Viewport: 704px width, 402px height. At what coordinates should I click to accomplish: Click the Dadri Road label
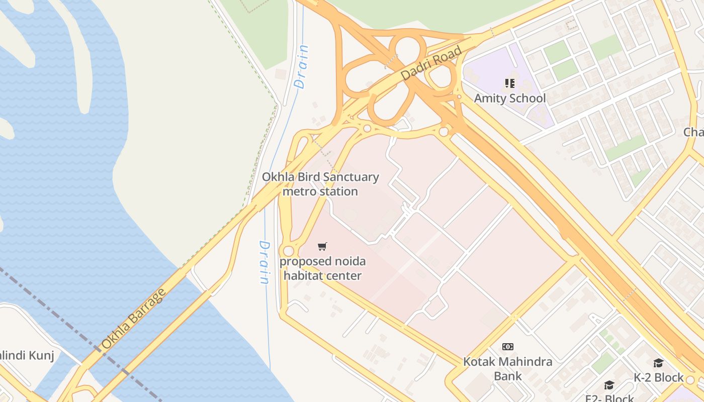[x=431, y=64]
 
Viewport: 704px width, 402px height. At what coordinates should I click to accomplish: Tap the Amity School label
[x=509, y=98]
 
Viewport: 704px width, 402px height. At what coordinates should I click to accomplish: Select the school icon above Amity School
[x=510, y=83]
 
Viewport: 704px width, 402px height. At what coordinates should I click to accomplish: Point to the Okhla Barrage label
[x=133, y=319]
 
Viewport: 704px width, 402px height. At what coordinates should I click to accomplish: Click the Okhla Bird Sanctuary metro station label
[x=320, y=184]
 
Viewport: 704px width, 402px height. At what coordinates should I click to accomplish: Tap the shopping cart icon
[x=322, y=246]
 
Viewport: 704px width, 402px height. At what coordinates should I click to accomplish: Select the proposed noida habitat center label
[x=322, y=268]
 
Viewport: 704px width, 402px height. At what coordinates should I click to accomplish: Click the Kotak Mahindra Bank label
[x=507, y=368]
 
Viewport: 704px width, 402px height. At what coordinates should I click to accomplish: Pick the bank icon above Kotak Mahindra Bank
[x=508, y=346]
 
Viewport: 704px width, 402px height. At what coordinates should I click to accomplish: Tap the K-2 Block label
[x=658, y=377]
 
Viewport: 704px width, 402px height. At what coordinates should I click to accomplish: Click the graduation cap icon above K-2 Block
[x=658, y=363]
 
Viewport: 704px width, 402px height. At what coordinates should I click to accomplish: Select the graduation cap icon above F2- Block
[x=609, y=385]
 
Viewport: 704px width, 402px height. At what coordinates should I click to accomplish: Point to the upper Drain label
[x=302, y=67]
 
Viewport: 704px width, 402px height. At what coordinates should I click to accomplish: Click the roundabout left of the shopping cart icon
[x=288, y=251]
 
